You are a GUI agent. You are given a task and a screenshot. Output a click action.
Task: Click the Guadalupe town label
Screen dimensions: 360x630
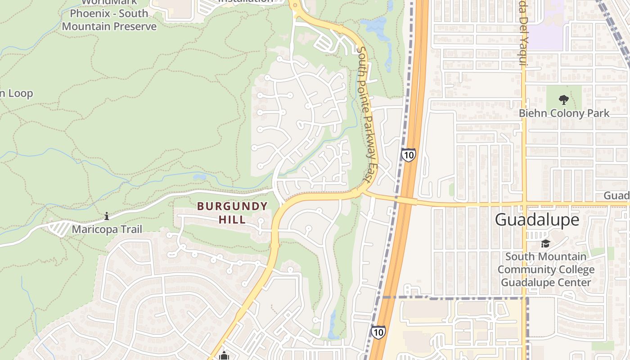(x=537, y=220)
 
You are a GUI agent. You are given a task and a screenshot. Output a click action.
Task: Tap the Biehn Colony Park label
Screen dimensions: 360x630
(x=564, y=113)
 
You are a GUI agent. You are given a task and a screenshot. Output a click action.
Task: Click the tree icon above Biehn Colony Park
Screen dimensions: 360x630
(x=563, y=99)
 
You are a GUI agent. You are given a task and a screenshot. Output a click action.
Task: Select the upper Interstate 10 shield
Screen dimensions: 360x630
(x=409, y=155)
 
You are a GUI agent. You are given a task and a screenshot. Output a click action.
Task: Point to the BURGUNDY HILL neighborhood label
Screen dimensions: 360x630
(x=232, y=213)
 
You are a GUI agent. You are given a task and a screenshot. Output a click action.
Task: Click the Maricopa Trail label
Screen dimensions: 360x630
(x=107, y=229)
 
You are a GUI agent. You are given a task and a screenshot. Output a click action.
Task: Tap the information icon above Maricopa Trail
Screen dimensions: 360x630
(x=107, y=216)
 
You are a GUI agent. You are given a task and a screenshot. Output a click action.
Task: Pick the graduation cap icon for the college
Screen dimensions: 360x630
(x=545, y=244)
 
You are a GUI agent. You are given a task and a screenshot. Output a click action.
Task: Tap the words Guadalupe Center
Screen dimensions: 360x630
(x=546, y=283)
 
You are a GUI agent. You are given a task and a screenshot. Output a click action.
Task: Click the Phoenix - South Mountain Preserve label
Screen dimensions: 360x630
(x=109, y=20)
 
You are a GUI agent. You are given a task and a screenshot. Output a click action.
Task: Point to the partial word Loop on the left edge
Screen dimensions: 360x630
(x=16, y=94)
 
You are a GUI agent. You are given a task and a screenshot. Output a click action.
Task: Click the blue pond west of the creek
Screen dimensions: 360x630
(x=199, y=177)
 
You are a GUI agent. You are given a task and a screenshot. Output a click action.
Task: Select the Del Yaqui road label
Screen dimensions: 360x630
(x=522, y=36)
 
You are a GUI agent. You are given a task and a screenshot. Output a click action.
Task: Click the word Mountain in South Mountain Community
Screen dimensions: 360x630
(x=559, y=257)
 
